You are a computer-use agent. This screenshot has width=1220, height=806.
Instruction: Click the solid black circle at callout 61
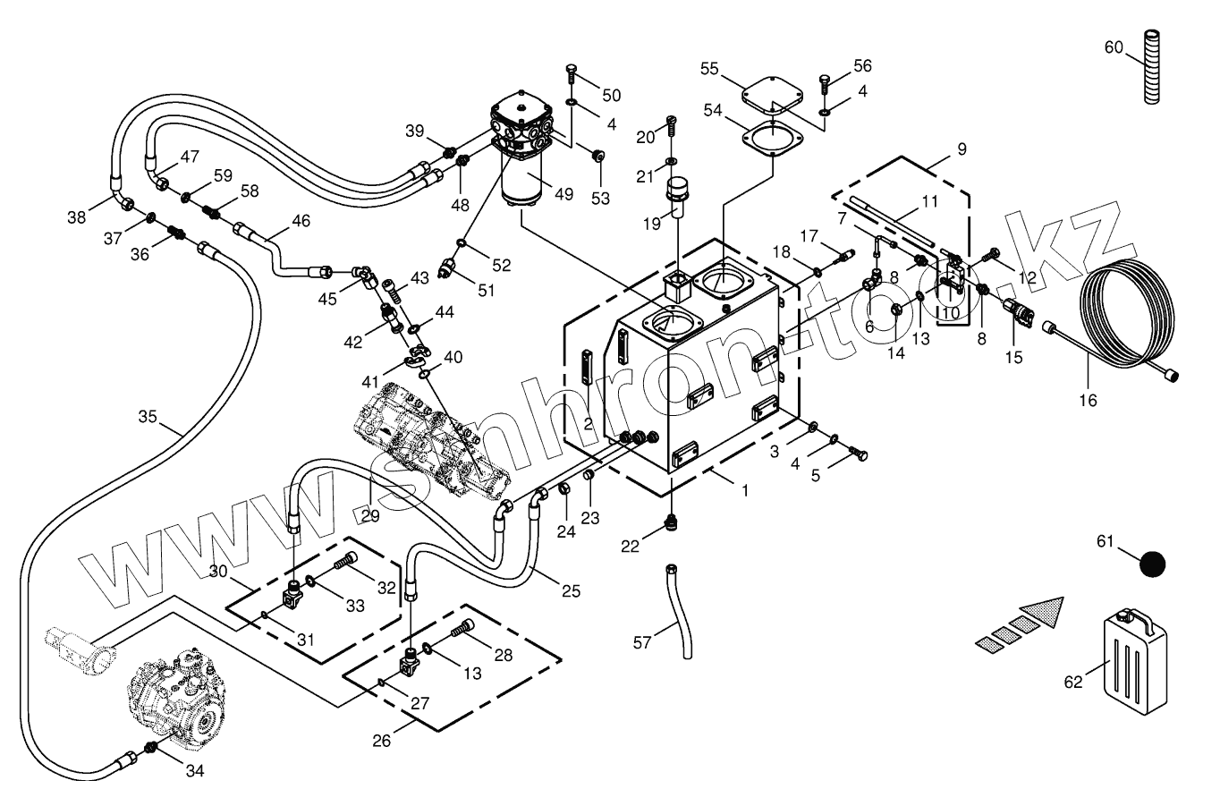pos(1152,564)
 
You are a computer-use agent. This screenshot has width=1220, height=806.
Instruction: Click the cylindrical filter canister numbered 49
pos(521,179)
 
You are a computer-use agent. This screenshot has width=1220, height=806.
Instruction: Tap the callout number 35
pos(148,417)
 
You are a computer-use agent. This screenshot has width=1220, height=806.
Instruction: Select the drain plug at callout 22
pos(671,522)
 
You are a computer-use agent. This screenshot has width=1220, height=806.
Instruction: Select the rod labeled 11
pos(892,221)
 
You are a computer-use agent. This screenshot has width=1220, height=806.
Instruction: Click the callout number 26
pos(381,742)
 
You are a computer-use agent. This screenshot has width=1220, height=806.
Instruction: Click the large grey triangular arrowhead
pos(1041,613)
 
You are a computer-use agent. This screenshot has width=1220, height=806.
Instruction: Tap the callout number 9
pos(962,148)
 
